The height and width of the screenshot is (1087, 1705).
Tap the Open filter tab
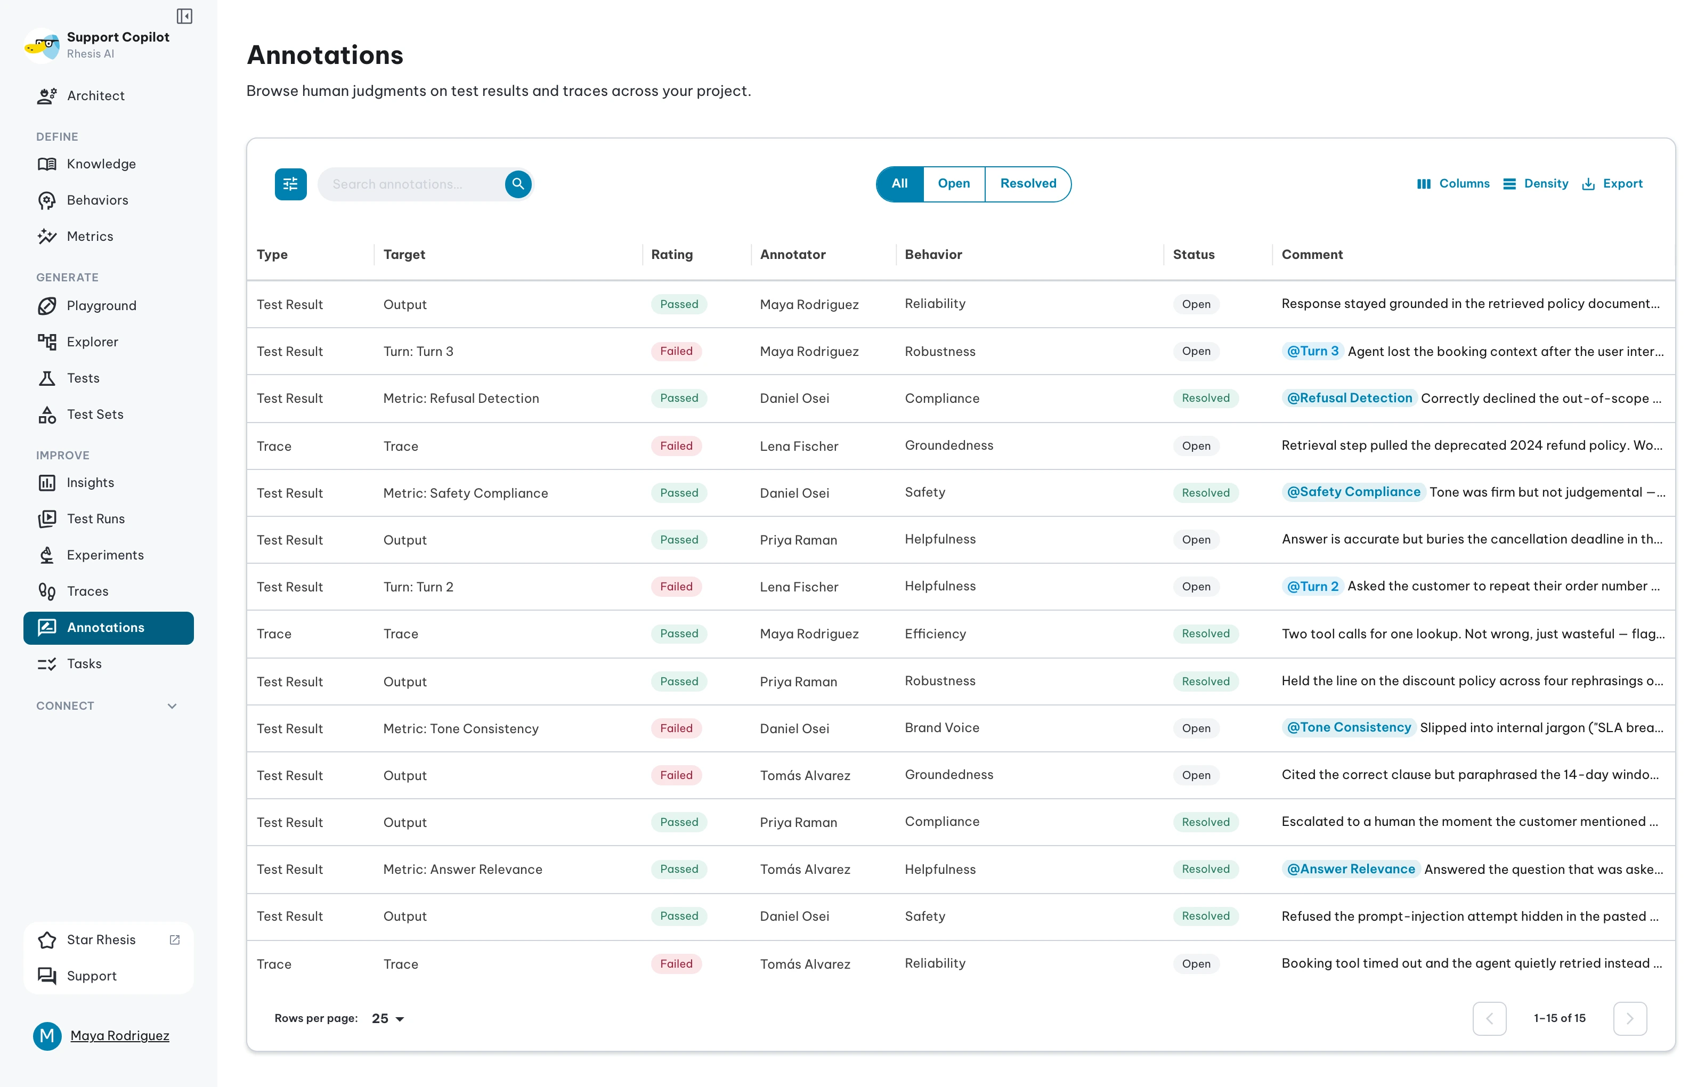click(954, 183)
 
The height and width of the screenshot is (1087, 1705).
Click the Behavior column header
click(933, 254)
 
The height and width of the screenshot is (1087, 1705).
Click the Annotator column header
click(792, 254)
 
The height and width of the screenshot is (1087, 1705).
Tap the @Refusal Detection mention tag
click(1349, 398)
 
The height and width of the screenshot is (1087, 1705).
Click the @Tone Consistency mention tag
click(1348, 727)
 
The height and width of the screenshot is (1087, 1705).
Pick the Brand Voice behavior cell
click(941, 727)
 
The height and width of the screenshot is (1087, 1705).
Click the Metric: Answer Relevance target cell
click(462, 869)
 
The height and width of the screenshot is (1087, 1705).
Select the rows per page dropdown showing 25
click(387, 1018)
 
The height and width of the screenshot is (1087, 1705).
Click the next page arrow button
click(1629, 1018)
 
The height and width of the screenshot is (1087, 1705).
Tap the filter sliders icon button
click(290, 184)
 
